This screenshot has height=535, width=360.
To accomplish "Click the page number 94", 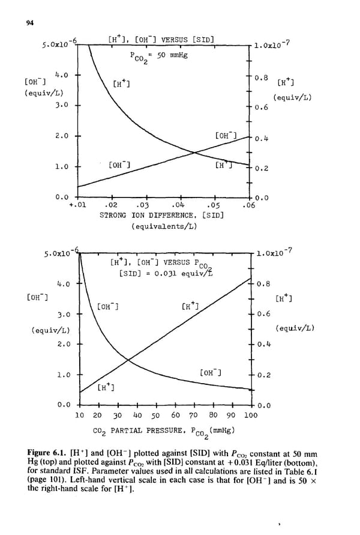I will coord(29,23).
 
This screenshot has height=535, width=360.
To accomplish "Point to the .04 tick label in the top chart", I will coord(178,205).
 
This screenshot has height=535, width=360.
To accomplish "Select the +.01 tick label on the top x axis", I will coord(79,205).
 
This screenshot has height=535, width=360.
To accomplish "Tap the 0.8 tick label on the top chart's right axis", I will coord(261,77).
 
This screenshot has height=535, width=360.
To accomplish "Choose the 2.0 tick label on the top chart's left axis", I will coord(62,136).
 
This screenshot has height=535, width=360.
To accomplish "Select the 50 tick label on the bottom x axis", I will coord(155,415).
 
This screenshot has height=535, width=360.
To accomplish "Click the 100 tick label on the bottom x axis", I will coord(251,415).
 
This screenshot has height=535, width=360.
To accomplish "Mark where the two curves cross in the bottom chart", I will coord(128,360).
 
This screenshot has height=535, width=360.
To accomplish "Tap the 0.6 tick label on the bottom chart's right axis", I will coord(262,313).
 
